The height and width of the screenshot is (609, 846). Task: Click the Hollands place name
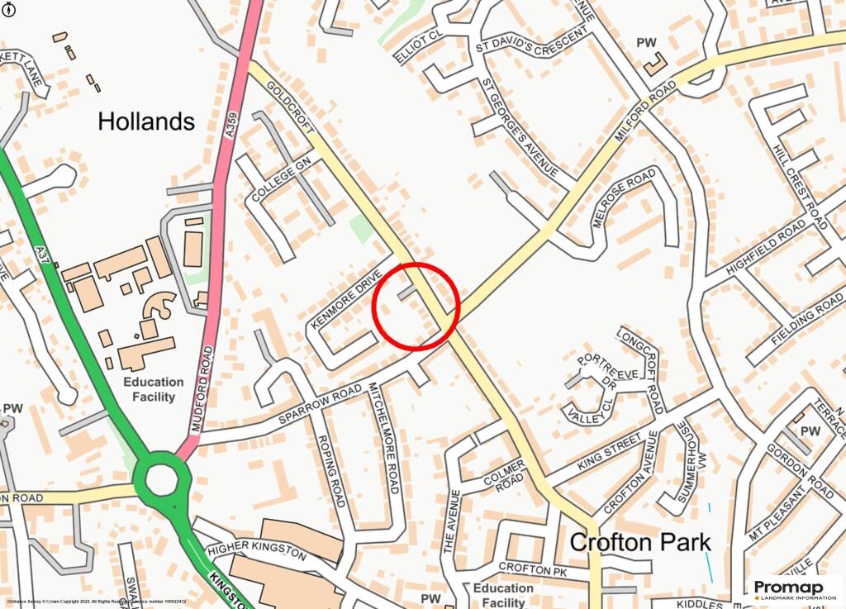[x=146, y=122]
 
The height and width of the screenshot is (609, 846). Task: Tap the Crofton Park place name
[x=640, y=543]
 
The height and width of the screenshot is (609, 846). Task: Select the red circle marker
[x=416, y=307]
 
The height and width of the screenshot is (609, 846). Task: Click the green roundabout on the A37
[x=161, y=478]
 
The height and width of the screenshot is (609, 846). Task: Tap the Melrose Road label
[x=625, y=198]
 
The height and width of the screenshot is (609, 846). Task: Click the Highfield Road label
[x=766, y=247]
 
